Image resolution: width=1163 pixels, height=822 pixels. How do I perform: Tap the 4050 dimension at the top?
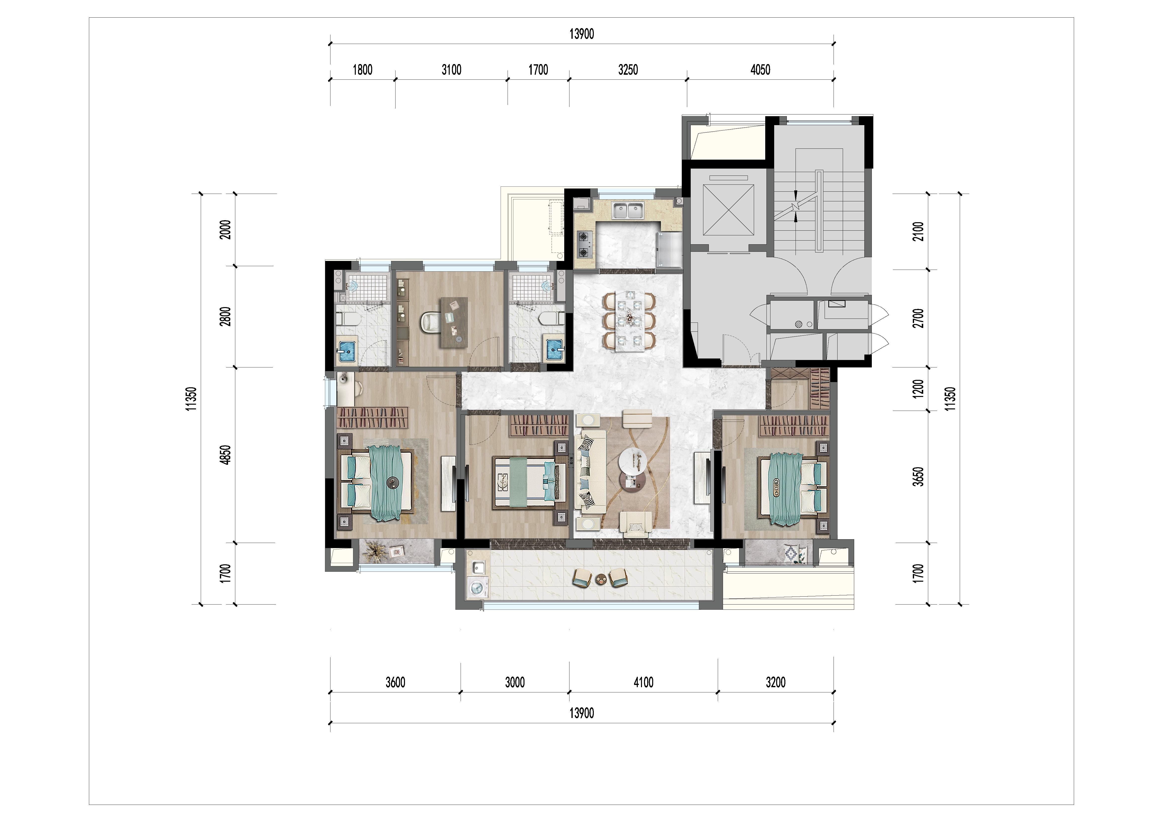(x=760, y=70)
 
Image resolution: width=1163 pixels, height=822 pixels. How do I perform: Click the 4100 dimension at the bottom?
(x=643, y=682)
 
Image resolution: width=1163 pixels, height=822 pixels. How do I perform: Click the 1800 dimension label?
(x=363, y=70)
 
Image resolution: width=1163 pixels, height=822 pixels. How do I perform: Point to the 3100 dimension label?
(x=451, y=70)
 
